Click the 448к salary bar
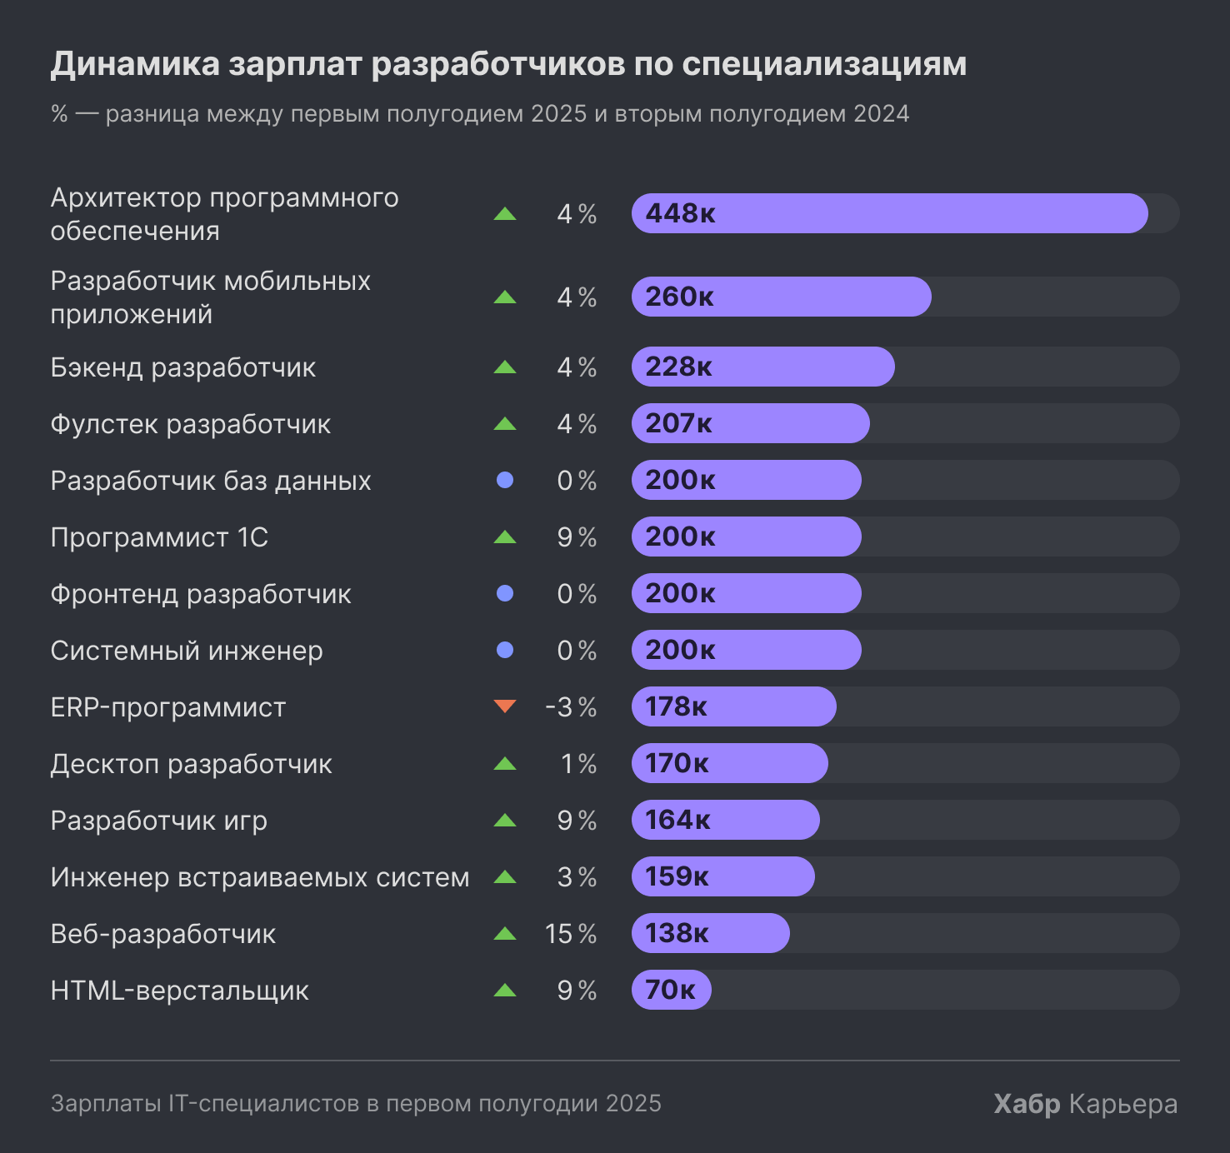[889, 213]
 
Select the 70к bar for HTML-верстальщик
[671, 990]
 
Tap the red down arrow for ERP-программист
[505, 706]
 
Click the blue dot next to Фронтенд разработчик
[505, 593]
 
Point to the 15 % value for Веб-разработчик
[571, 934]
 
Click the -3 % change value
[571, 707]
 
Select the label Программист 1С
[159, 537]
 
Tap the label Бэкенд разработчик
[183, 367]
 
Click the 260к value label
[679, 297]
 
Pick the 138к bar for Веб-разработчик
[710, 933]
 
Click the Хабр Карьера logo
[1085, 1104]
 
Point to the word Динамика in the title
[135, 64]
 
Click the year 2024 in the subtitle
[881, 114]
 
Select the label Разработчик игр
[159, 821]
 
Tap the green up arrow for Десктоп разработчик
[505, 763]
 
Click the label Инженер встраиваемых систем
[260, 877]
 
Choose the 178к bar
[733, 706]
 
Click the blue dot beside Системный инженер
[505, 650]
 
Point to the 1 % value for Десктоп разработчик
[578, 764]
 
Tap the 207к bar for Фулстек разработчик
[750, 423]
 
